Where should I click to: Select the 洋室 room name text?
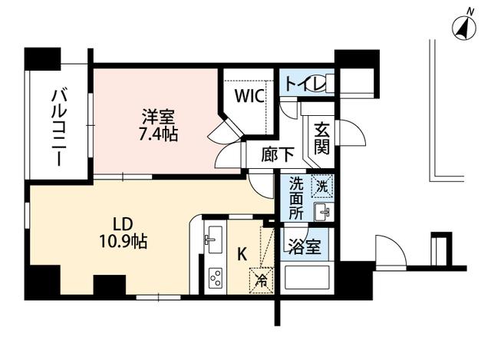click(x=158, y=120)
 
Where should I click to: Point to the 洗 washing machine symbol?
click(x=322, y=185)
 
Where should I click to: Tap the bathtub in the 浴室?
click(x=308, y=277)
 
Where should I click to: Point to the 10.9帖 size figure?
click(x=125, y=243)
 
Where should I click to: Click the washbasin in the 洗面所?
click(x=324, y=211)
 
